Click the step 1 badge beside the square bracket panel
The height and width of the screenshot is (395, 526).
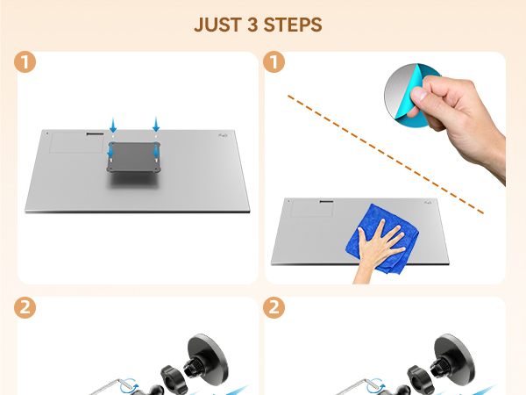click(x=26, y=63)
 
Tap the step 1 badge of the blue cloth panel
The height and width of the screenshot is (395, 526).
click(x=274, y=63)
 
